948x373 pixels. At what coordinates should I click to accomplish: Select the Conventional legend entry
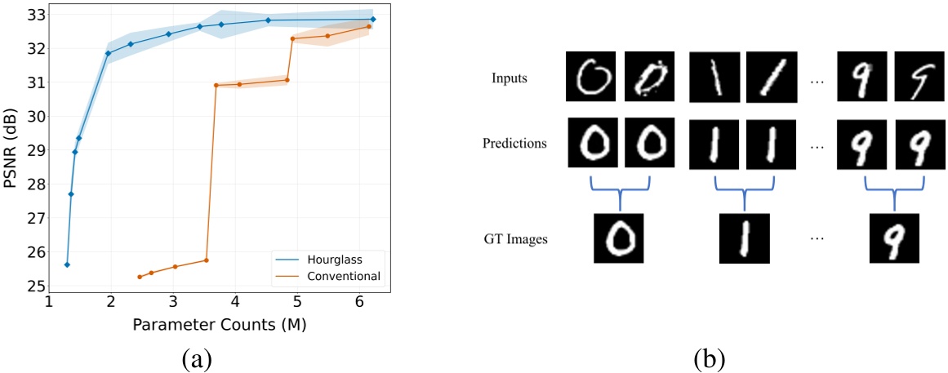pos(343,276)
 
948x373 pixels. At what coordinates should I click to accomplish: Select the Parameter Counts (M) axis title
pos(218,325)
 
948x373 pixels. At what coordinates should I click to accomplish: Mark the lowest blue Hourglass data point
pos(67,264)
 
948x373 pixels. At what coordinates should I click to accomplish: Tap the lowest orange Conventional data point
pos(140,277)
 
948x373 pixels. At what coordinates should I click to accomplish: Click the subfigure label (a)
pos(216,357)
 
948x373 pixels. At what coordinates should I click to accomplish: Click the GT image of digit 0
pos(619,238)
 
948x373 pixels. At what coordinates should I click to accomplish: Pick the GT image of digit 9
pos(894,238)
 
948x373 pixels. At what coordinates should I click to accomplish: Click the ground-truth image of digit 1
pos(744,238)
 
